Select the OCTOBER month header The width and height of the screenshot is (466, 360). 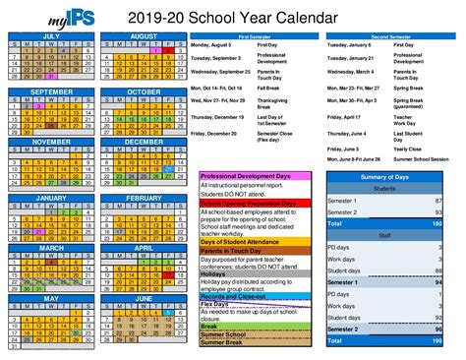tap(144, 91)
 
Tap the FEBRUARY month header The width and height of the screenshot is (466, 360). tap(144, 198)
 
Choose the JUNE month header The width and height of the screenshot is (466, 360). tap(144, 298)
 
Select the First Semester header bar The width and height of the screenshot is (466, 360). tap(257, 35)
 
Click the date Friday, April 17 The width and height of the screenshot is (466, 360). tap(347, 115)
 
